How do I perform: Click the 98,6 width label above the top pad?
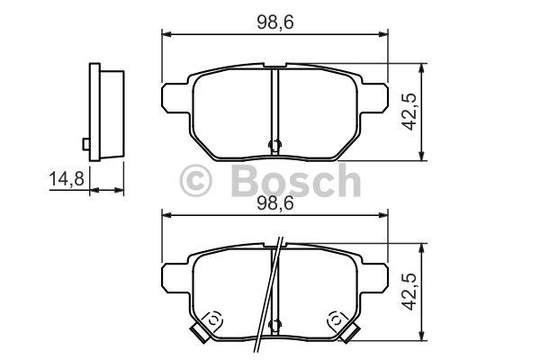click(274, 22)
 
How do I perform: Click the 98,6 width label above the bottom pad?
click(274, 203)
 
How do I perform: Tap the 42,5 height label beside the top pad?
click(410, 112)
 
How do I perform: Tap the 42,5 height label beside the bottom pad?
click(410, 292)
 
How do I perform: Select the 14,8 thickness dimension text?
click(67, 179)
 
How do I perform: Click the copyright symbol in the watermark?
click(195, 180)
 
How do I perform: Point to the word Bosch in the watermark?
click(296, 181)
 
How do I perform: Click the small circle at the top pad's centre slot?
click(274, 145)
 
